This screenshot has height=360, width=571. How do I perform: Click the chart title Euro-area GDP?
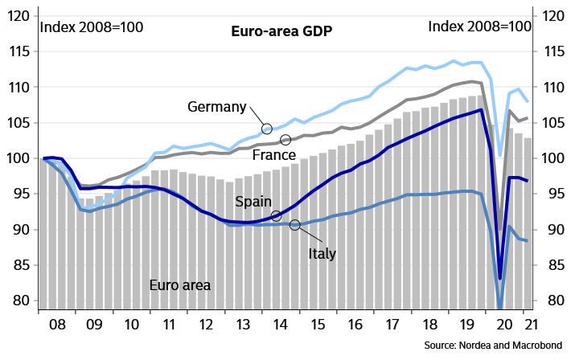(x=281, y=32)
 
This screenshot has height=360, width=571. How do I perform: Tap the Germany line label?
(x=216, y=107)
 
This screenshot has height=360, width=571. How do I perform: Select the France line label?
(x=273, y=153)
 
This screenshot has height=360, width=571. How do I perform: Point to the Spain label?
(x=253, y=202)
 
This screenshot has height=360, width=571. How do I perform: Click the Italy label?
(x=322, y=254)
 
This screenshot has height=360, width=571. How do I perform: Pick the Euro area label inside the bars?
(x=180, y=284)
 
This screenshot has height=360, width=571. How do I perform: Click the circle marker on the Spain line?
(x=276, y=215)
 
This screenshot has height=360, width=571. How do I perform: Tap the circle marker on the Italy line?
(x=295, y=225)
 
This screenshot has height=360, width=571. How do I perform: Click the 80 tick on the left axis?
(x=25, y=301)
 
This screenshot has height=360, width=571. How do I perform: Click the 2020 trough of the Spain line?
(x=500, y=278)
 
